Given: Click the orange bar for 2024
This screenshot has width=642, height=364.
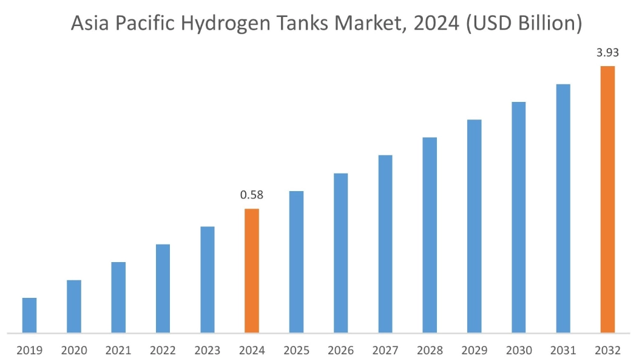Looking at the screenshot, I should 252,271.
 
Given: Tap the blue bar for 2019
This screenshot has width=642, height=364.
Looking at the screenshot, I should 29,315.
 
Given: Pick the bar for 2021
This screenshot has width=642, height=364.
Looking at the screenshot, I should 118,297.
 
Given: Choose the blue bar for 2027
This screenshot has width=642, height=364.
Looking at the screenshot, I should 385,244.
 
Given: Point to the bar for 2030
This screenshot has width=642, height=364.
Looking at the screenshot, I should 518,217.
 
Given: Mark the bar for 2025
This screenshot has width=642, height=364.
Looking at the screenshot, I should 296,261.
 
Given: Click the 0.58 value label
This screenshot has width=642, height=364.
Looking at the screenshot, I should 252,195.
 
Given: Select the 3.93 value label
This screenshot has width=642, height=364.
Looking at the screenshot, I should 607,53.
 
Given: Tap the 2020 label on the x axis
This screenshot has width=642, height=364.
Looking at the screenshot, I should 73,351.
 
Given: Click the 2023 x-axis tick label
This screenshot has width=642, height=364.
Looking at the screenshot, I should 207,351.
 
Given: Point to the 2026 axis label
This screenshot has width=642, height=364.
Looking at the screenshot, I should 340,351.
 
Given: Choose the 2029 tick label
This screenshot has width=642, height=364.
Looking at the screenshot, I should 474,351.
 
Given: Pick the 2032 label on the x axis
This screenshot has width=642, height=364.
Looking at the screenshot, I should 607,351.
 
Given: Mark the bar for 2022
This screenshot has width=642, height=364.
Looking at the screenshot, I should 163,288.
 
